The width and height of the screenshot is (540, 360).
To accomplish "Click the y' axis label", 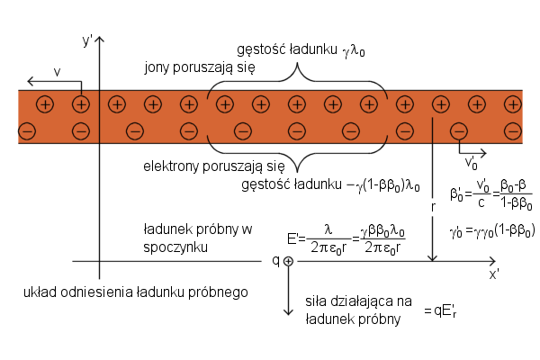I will (87, 40).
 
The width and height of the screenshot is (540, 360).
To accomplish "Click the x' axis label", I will (494, 274).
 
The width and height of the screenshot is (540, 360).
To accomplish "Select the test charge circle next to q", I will (289, 261).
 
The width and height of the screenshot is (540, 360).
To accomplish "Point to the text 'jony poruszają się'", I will (200, 68).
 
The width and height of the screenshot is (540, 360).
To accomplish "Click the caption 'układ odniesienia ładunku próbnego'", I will (135, 292).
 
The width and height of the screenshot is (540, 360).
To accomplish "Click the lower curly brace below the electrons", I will (297, 153).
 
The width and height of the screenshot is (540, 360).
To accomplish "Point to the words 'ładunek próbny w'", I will (192, 229).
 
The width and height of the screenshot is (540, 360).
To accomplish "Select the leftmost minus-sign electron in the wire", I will (26, 132).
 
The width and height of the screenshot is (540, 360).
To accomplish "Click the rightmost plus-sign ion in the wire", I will (512, 104).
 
